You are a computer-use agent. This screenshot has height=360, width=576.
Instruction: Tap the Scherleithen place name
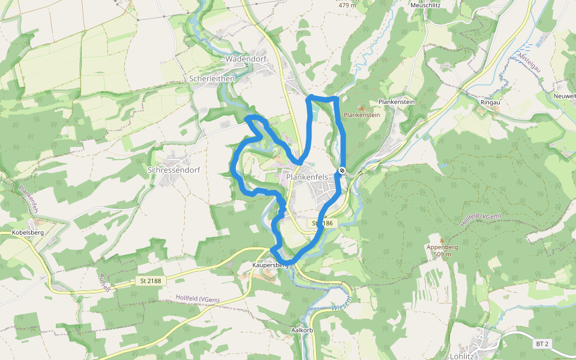point(211,79)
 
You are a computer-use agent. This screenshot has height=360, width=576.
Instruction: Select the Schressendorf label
point(173,170)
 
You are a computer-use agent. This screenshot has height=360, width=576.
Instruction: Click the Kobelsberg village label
point(28,232)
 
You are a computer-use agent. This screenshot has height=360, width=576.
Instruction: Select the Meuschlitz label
point(427,5)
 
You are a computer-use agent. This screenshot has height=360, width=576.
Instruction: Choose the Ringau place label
point(490,103)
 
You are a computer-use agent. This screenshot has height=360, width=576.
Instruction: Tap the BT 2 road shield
point(542,344)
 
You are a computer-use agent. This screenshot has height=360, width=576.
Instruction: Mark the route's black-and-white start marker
point(341,171)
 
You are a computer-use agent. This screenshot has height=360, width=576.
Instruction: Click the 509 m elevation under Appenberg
point(442,254)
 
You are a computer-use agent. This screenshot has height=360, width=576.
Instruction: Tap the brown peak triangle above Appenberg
point(442,239)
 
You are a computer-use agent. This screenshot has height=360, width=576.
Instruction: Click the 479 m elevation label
point(347,5)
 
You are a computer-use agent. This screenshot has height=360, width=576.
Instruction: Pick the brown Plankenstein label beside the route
point(362,115)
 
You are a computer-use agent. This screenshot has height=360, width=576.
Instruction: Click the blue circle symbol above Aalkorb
point(303,319)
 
